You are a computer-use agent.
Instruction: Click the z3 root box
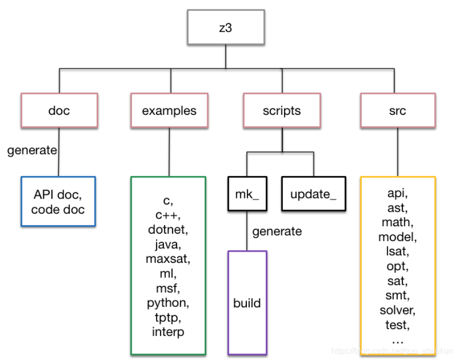pos(226,27)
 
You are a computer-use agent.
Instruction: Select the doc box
pos(59,110)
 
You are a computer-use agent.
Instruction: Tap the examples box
pos(170,110)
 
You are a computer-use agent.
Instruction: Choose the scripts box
pos(282,110)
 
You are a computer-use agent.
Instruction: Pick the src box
pos(398,110)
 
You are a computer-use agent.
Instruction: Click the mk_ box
pos(247,194)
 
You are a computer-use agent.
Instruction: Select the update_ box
pos(314,194)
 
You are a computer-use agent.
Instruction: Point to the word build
pos(247,303)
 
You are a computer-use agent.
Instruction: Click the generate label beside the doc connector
pos(32,150)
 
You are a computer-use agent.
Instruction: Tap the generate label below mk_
pos(277,232)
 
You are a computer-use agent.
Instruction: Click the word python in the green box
pos(168,303)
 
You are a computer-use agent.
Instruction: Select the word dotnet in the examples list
pos(168,230)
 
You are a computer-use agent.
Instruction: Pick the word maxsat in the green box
pos(168,259)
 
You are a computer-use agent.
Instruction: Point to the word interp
pos(168,332)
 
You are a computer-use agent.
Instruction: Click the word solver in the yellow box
pos(397,310)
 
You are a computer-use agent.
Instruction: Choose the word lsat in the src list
pos(397,251)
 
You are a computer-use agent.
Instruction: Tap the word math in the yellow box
pos(397,222)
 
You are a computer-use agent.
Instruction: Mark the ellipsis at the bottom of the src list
pos(397,341)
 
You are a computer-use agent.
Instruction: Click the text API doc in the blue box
pos(58,195)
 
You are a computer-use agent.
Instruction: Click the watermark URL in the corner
pos(392,350)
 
